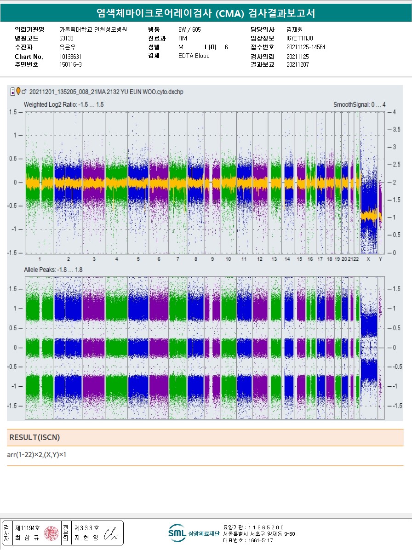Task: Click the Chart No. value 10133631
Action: click(70, 57)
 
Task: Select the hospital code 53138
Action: click(67, 38)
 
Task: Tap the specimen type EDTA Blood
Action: click(194, 56)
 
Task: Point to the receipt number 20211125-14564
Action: click(305, 47)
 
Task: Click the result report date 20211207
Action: click(298, 65)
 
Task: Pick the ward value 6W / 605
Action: click(189, 29)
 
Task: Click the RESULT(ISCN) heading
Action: click(35, 437)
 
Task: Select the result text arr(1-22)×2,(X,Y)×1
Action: click(37, 455)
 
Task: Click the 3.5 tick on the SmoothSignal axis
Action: click(395, 130)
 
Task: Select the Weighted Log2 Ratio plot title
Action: click(64, 105)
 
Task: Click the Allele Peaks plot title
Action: click(53, 269)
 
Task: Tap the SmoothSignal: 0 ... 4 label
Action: click(359, 105)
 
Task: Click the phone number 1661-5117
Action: click(255, 540)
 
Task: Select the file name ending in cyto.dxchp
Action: click(106, 92)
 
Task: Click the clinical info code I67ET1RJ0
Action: click(299, 38)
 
